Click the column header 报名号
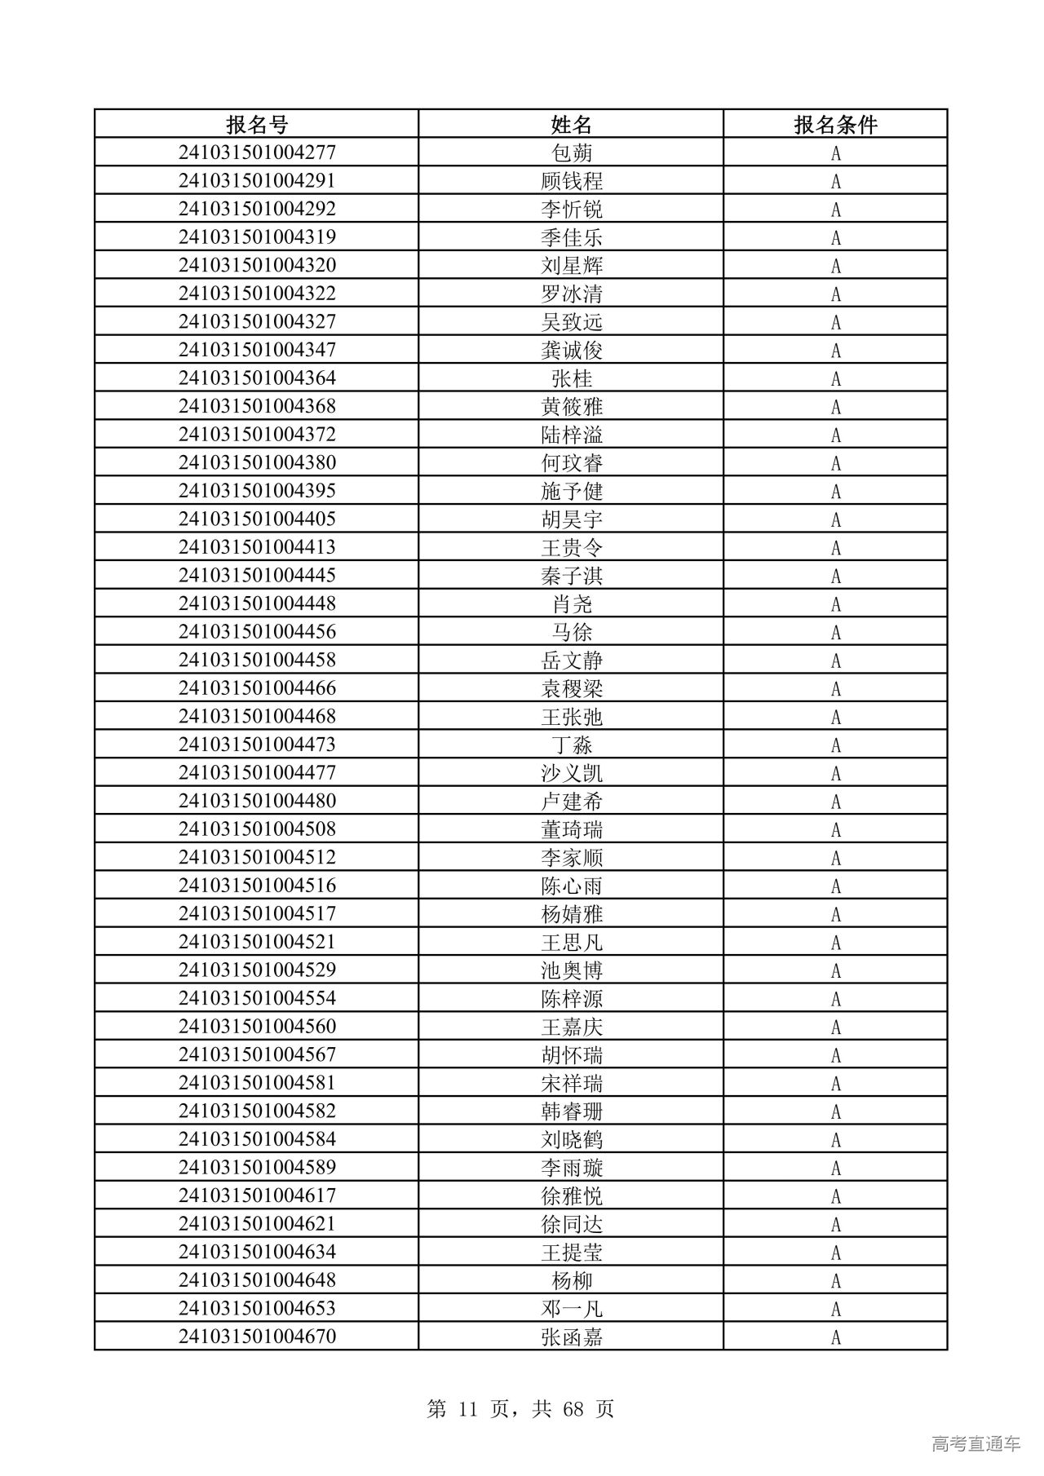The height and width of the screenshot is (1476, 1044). click(257, 125)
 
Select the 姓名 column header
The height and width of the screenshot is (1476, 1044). click(571, 125)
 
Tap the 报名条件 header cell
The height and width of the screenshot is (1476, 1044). click(835, 125)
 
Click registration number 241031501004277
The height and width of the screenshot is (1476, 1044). click(257, 152)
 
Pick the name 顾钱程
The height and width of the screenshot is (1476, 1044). click(572, 181)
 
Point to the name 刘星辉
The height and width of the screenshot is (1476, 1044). click(572, 266)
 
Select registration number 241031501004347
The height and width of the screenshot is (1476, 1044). click(257, 350)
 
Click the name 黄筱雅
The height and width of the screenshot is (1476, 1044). click(572, 406)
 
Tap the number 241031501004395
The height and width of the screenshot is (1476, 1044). click(257, 491)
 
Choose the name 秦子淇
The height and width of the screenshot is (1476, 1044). click(572, 576)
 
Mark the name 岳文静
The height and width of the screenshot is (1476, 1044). click(572, 660)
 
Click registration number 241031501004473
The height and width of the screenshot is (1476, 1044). click(257, 745)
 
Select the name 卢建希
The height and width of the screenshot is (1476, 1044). click(572, 801)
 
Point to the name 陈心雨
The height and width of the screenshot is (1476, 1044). click(572, 886)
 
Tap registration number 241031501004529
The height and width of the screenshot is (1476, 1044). click(257, 970)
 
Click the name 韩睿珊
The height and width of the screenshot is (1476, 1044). click(572, 1111)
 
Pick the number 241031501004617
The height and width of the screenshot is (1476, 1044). click(257, 1195)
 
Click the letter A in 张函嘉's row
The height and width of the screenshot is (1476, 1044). click(835, 1337)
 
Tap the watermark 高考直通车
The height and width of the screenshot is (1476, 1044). click(975, 1443)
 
